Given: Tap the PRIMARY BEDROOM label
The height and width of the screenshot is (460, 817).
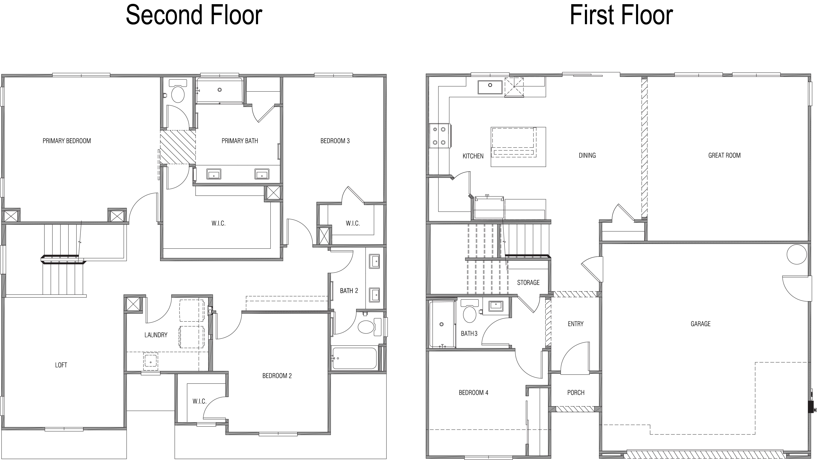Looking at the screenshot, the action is click(67, 141).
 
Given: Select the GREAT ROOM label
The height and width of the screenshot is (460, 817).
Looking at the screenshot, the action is click(724, 155).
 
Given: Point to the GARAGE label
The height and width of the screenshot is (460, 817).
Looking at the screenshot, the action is click(701, 324).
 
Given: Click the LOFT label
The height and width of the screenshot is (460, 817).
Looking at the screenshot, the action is click(61, 365).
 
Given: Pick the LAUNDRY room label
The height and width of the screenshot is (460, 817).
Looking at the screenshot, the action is click(156, 335).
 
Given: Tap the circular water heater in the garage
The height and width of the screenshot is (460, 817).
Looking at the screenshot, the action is click(797, 254).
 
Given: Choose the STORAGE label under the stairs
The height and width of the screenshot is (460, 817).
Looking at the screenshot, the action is click(528, 282).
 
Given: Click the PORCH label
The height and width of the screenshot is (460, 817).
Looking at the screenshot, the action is click(576, 393).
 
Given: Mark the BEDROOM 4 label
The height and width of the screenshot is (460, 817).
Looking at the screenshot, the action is click(473, 393).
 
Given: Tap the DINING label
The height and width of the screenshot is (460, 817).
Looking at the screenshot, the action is click(587, 155).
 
